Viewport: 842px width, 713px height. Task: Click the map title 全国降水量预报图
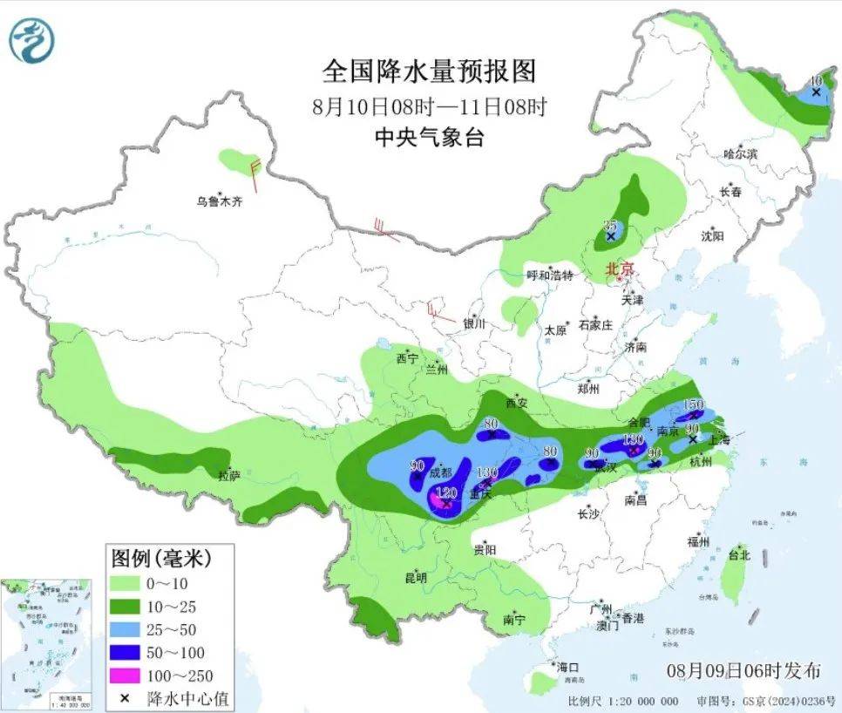pos(428,70)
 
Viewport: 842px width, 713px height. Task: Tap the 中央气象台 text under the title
pos(428,137)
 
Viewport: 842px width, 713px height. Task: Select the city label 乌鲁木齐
pos(219,201)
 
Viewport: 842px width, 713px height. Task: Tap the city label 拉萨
pos(229,476)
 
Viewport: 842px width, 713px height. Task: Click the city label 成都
pos(441,473)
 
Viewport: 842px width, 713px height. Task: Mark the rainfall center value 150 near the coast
pos(693,404)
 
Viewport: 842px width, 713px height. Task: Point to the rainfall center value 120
pos(446,492)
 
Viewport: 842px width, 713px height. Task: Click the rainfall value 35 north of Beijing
pos(610,226)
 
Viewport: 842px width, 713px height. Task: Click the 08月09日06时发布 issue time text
pos(744,670)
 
